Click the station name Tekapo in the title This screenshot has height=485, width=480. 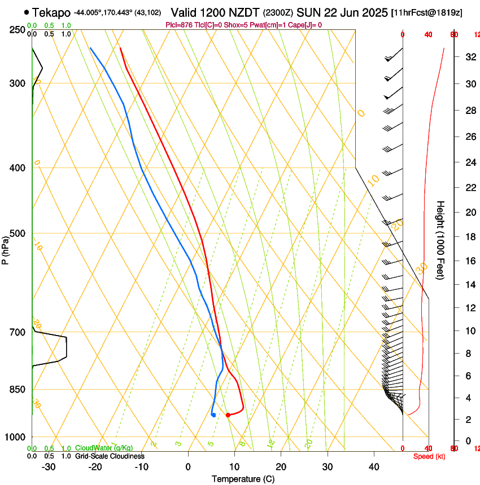51,12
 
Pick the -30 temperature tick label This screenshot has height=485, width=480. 49,467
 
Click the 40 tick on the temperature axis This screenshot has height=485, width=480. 373,467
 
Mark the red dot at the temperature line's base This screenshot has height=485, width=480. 228,415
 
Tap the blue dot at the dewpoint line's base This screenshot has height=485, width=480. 213,415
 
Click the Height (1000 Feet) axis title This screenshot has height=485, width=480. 440,240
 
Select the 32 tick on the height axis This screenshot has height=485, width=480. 468,57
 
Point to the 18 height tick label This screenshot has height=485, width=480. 468,237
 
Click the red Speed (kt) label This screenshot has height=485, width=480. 429,456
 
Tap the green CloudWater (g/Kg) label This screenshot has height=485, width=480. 104,448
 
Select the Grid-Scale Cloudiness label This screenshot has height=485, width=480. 110,456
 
